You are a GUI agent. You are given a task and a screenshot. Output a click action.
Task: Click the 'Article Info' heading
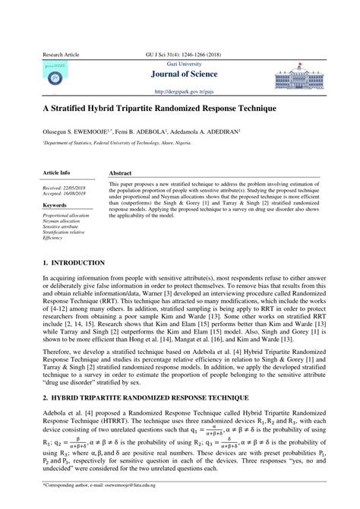[57, 173]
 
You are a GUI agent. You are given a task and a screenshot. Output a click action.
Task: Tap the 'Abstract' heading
[121, 173]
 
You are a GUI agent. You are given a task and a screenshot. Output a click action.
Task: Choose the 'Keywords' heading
[55, 205]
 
